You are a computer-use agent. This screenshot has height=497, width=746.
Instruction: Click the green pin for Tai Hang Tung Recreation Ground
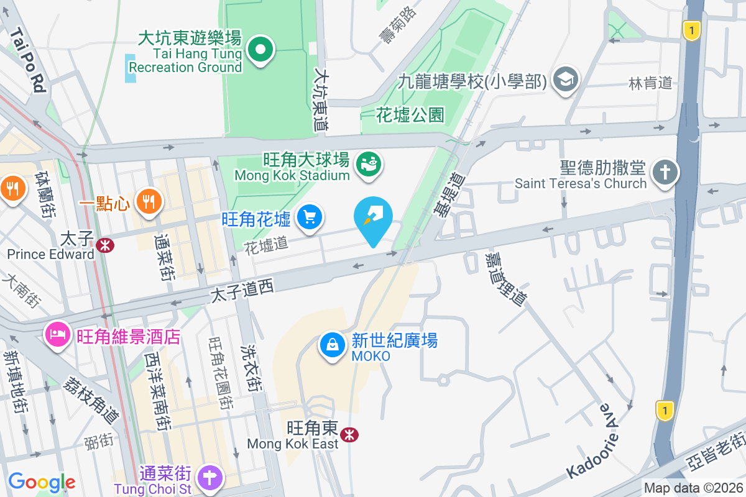[261, 50]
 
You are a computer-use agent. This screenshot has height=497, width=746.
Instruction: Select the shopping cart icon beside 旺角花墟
[309, 217]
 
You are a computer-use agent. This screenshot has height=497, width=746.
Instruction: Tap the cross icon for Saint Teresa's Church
[665, 172]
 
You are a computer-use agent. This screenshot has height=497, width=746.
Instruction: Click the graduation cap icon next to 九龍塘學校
[566, 80]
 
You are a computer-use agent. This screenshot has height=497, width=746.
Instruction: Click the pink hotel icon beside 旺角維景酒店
[57, 336]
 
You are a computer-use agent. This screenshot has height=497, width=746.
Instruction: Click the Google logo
[42, 482]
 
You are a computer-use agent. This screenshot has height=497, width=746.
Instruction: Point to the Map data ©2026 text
[693, 488]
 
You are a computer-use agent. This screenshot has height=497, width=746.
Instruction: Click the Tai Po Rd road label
[29, 59]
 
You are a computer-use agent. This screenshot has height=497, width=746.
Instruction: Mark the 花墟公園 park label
[410, 114]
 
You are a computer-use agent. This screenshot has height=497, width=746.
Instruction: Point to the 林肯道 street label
[650, 83]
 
